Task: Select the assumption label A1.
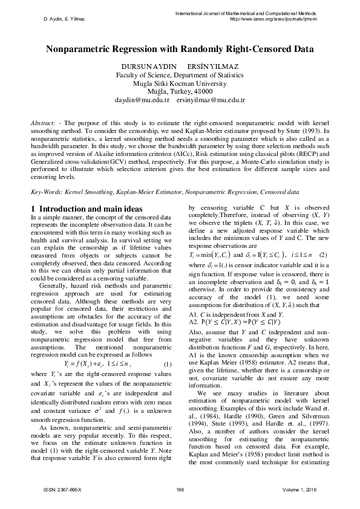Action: (193, 314)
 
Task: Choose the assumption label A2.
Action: (193, 323)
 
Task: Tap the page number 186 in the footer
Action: (180, 488)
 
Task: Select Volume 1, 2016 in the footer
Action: (299, 488)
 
